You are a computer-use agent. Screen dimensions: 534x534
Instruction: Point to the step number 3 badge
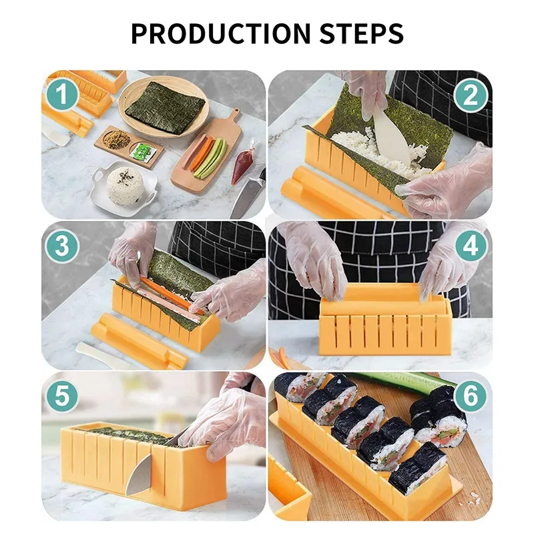62,246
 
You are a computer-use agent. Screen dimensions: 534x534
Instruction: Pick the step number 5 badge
62,398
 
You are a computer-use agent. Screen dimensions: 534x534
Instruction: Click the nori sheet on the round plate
165,107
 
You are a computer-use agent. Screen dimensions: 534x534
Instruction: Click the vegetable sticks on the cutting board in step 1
207,156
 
